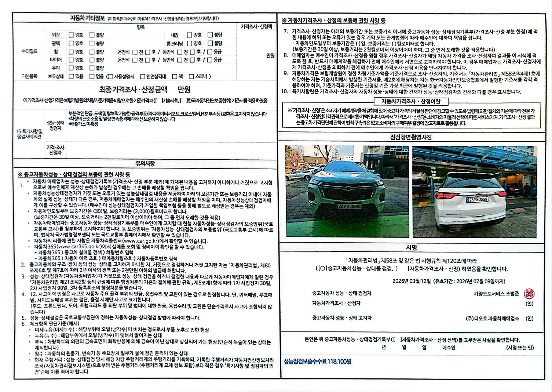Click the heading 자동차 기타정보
[87, 18]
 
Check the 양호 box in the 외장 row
[72, 35]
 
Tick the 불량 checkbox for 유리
[92, 68]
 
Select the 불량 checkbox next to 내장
[210, 35]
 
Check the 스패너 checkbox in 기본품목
[191, 76]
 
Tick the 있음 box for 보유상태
[72, 76]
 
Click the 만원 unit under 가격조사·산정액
[270, 56]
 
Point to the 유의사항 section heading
[145, 164]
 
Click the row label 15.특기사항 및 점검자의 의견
[29, 134]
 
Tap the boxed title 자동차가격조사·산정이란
[411, 102]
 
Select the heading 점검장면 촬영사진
[411, 137]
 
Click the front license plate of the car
[349, 206]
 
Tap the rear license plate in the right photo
[477, 200]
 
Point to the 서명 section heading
[412, 247]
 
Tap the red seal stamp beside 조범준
[529, 294]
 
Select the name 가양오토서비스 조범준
[496, 294]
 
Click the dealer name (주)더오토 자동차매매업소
[492, 319]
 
